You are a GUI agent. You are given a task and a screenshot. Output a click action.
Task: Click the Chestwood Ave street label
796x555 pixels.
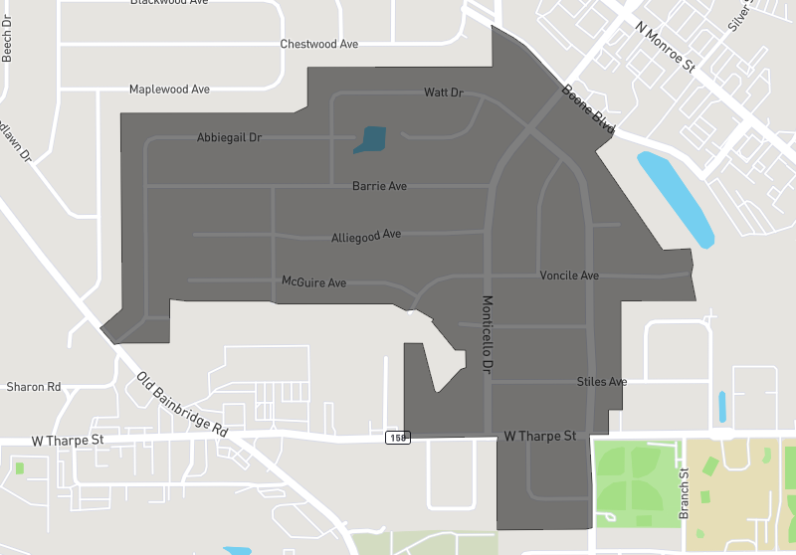(318, 45)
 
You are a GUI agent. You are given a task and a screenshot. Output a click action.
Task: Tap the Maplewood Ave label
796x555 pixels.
(169, 90)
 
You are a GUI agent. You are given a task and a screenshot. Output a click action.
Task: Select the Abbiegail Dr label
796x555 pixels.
(229, 137)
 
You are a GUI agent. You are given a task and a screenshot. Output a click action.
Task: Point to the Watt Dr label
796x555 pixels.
(444, 92)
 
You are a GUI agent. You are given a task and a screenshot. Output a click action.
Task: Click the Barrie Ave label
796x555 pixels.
(379, 186)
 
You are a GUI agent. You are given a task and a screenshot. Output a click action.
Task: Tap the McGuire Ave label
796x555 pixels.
(314, 282)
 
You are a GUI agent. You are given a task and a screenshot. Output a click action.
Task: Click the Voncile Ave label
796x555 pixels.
(569, 276)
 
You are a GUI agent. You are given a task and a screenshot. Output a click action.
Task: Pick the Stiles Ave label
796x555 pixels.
(602, 382)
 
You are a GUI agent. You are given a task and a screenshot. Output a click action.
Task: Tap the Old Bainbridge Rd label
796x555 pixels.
(182, 405)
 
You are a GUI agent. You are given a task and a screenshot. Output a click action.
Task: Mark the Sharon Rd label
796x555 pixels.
(34, 387)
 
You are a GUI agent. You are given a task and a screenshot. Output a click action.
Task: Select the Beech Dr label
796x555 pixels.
(7, 46)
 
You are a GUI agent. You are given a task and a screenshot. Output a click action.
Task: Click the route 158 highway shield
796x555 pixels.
(398, 438)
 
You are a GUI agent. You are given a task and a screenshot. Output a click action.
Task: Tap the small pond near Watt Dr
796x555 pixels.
(371, 139)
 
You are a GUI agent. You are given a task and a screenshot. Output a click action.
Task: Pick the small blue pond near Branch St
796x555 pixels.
(722, 406)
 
